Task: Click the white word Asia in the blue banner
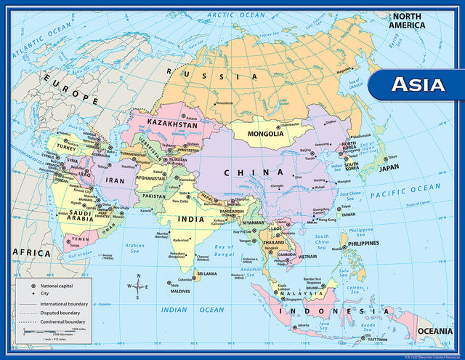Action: click(x=418, y=84)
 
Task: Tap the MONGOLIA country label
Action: click(x=265, y=134)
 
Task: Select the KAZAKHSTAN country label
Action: click(x=172, y=124)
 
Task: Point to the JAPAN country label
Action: click(x=389, y=167)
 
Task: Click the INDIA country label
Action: click(x=192, y=218)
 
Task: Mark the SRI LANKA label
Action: click(x=207, y=274)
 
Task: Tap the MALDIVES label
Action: click(x=180, y=292)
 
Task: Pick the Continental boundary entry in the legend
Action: click(x=56, y=321)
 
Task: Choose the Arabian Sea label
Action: click(x=134, y=249)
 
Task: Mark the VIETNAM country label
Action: click(x=307, y=257)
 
